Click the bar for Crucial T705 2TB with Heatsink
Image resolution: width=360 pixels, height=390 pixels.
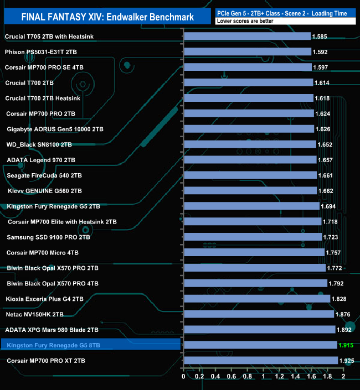247,37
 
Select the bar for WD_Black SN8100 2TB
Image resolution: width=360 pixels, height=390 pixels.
250,144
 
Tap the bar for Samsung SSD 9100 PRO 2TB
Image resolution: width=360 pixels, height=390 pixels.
253,237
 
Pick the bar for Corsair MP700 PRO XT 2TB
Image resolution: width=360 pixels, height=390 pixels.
260,360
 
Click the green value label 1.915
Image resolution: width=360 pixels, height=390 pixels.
347,345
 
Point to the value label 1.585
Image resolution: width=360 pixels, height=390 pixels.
320,37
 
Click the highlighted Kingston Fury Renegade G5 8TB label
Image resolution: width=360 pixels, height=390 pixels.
54,346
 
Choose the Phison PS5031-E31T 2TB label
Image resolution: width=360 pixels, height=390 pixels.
41,51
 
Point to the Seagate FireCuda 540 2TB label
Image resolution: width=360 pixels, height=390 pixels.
44,175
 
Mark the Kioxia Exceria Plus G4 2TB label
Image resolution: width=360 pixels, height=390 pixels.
44,299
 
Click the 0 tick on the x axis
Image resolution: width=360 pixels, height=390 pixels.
184,377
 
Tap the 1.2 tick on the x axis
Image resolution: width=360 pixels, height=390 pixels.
279,377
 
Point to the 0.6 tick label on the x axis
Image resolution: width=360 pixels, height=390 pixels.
232,377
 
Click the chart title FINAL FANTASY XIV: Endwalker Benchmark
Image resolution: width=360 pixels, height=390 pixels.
107,17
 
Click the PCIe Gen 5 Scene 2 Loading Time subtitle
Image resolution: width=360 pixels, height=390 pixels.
285,12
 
